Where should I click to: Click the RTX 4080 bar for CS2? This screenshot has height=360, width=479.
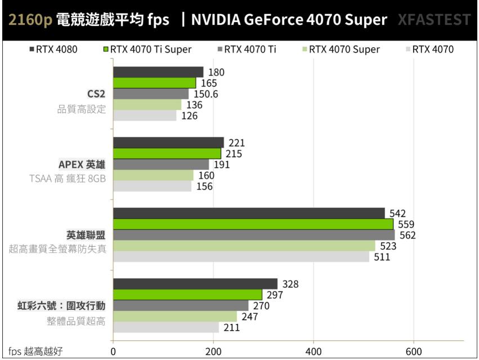tap(158, 72)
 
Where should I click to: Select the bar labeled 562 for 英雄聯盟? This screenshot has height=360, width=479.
tap(254, 235)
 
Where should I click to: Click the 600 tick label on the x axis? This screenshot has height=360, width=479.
tap(414, 351)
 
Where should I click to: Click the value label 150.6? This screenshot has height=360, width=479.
tap(206, 94)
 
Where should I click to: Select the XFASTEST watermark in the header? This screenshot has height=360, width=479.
tap(433, 20)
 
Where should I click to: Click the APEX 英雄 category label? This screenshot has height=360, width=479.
tap(82, 165)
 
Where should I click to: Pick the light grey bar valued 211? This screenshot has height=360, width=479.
tap(166, 327)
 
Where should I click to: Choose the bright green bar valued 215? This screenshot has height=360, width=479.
tap(167, 154)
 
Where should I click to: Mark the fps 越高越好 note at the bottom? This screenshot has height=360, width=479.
tap(35, 352)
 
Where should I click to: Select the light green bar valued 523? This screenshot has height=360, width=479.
tap(244, 246)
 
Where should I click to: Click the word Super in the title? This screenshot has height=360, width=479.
tap(366, 20)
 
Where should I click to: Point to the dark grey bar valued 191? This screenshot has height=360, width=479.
tap(161, 165)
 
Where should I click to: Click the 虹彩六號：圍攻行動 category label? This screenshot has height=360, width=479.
tap(62, 306)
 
